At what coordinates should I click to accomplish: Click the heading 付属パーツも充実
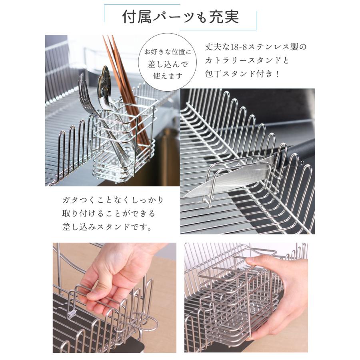tap(180, 17)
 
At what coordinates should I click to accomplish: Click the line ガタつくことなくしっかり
tap(113, 200)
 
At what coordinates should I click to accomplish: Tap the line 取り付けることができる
tap(108, 214)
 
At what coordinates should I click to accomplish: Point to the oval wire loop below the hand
tap(140, 322)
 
